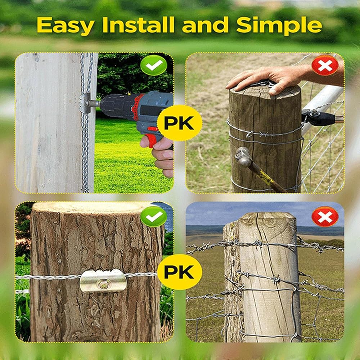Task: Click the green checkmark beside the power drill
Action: click(154, 65)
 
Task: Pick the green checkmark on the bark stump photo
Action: click(154, 216)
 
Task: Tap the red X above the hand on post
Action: click(325, 65)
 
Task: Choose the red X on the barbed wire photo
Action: click(325, 216)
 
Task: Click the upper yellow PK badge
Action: click(180, 123)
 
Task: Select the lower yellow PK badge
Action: click(180, 272)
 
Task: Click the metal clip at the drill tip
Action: click(85, 103)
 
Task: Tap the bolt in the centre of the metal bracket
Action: click(103, 285)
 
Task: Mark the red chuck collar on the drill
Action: click(136, 107)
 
